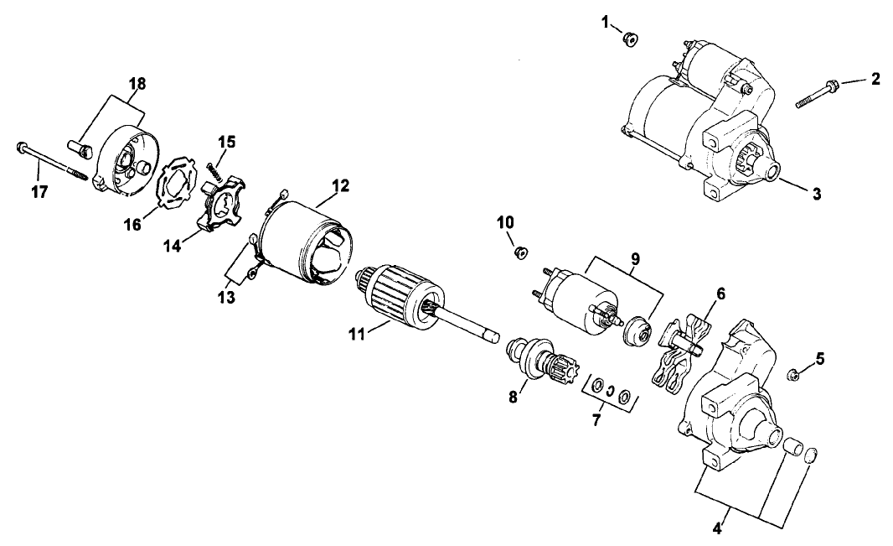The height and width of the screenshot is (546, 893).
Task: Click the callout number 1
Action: [x=605, y=23]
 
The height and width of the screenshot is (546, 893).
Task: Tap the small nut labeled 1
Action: [x=630, y=39]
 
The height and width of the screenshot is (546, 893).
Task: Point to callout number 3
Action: [x=817, y=194]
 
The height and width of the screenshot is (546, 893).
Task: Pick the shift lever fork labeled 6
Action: [x=682, y=353]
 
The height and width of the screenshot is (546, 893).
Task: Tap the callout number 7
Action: [x=596, y=421]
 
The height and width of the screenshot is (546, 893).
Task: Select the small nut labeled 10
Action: [x=520, y=252]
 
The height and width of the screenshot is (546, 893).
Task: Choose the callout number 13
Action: [x=227, y=297]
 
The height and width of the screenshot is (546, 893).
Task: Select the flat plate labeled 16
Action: [x=177, y=184]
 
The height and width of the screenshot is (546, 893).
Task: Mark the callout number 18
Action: [x=137, y=83]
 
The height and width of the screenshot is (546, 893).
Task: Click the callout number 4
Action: [x=717, y=528]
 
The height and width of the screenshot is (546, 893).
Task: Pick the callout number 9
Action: [x=635, y=259]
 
